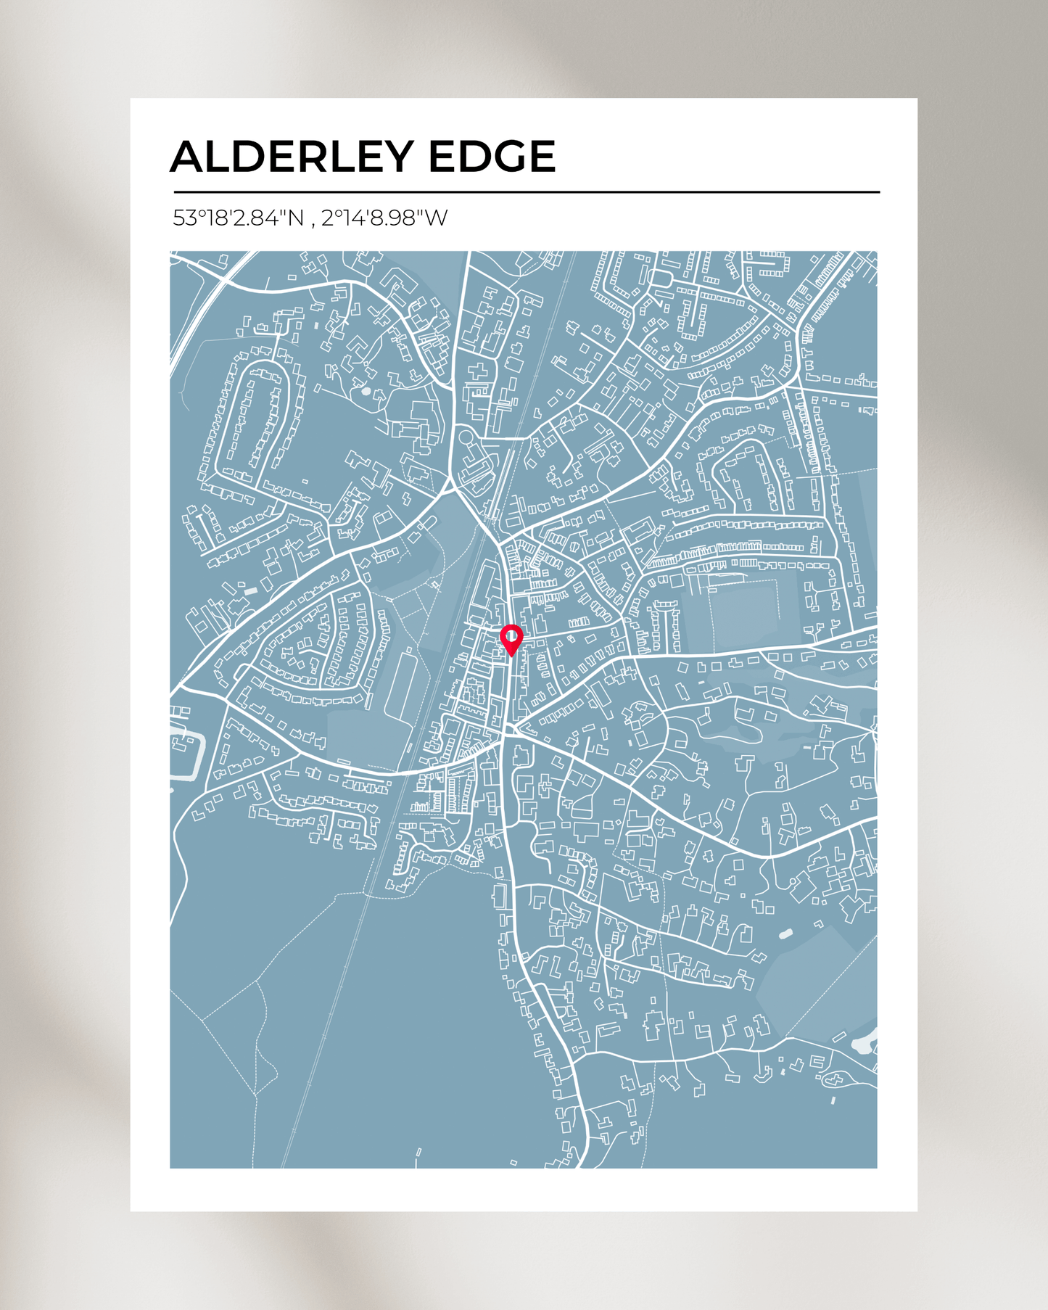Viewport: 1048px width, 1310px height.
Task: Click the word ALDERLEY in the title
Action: (292, 157)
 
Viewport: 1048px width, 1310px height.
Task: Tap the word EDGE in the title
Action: (492, 157)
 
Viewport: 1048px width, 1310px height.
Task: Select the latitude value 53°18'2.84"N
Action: (238, 218)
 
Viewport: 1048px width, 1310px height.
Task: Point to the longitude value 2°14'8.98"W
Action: (384, 218)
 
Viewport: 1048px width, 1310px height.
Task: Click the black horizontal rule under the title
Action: (527, 192)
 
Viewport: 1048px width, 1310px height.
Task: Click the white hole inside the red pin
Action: (511, 637)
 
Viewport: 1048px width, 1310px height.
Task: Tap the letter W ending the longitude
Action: (437, 218)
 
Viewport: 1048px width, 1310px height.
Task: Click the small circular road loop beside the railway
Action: (465, 437)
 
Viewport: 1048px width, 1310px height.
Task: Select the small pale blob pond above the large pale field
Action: (785, 934)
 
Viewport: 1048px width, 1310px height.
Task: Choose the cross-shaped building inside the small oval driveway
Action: (834, 1080)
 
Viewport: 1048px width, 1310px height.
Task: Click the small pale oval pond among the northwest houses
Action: (366, 391)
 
